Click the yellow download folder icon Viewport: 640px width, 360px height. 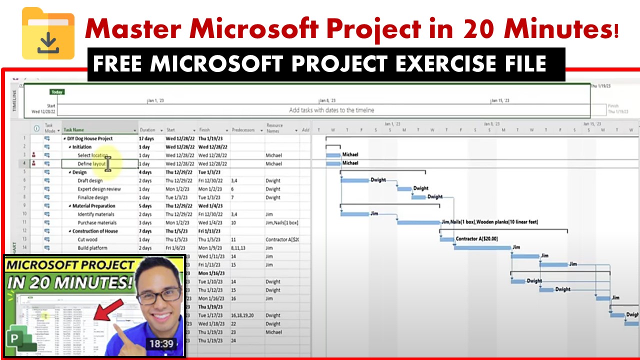pos(48,33)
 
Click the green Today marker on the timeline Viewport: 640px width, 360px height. pos(56,92)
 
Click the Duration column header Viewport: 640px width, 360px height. pos(147,130)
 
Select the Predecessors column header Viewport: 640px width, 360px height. pos(243,130)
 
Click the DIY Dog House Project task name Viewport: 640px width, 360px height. pos(90,138)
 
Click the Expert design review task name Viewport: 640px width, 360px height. pos(99,189)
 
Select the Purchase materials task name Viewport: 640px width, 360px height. pos(97,222)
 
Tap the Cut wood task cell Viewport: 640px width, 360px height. pos(87,239)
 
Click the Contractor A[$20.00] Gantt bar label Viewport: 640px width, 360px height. pos(476,239)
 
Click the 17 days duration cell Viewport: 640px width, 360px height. pos(146,138)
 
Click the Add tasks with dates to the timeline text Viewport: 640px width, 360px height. pos(331,110)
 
